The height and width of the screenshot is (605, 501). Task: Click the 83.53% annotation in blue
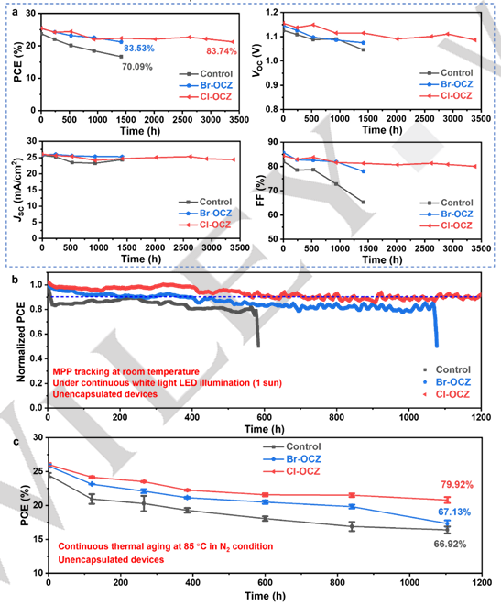pos(138,49)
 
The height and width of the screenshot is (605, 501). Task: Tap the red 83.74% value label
pos(222,51)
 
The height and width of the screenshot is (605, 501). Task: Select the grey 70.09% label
pos(137,67)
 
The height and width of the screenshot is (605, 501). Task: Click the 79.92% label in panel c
pos(457,485)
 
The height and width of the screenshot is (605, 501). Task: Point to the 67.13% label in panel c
pos(454,512)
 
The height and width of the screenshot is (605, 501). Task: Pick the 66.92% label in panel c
pos(450,544)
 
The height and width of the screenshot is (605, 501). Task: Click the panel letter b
pos(15,280)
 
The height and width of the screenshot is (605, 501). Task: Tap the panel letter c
pos(16,441)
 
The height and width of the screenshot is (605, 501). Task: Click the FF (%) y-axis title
pos(261,191)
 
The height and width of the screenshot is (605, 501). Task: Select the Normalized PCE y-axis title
pos(21,342)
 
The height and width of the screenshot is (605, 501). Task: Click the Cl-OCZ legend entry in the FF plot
pos(456,225)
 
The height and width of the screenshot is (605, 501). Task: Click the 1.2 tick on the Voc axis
pos(272,13)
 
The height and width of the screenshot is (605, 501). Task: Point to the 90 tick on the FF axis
pos(272,142)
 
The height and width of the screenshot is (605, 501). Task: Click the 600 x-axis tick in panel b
pos(265,417)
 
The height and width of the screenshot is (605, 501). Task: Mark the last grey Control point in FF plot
pos(363,203)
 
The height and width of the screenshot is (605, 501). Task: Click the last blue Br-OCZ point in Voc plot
pos(363,43)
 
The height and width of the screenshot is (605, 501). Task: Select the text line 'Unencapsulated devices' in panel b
pos(104,394)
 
